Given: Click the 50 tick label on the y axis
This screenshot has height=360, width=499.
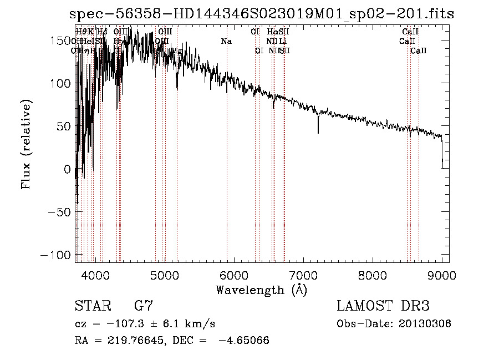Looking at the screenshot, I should tap(65, 126).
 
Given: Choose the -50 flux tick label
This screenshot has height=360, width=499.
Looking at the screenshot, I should tap(61, 212).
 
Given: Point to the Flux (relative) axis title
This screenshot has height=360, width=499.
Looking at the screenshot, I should tap(26, 145).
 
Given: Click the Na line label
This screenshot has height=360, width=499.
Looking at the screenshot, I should tap(226, 42).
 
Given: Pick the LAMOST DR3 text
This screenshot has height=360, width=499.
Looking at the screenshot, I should tap(383, 306).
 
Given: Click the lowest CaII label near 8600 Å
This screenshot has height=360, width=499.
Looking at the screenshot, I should tap(419, 51).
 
